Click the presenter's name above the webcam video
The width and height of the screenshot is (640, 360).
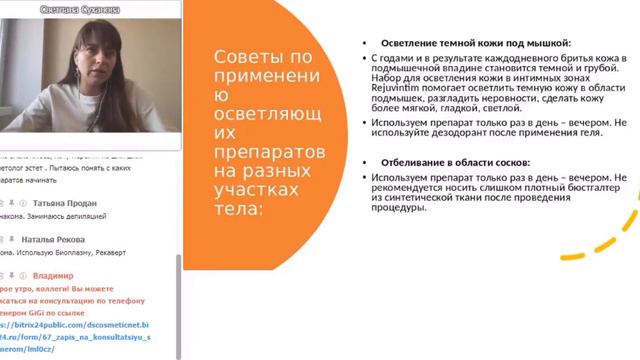point(92,7)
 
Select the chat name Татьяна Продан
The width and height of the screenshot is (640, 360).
point(67,203)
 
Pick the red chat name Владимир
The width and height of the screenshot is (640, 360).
point(53,275)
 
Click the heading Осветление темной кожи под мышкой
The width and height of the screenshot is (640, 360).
point(476,44)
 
